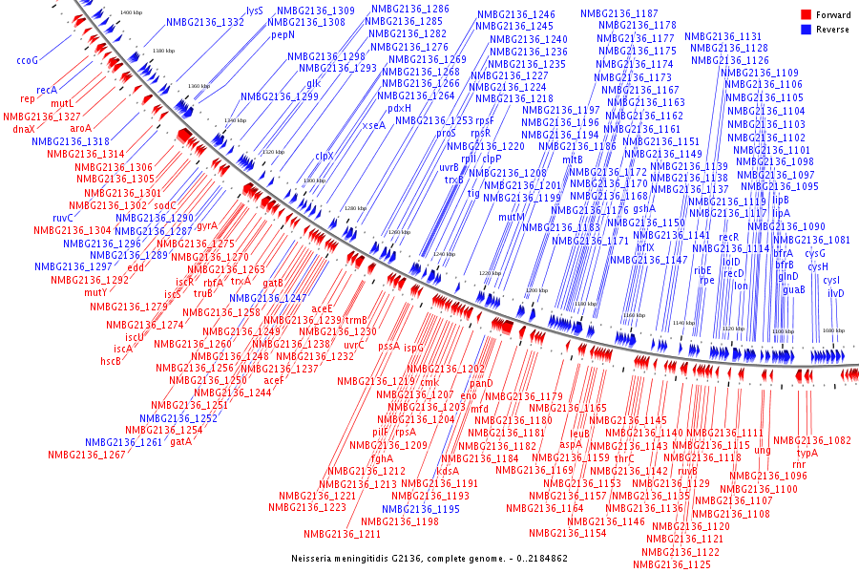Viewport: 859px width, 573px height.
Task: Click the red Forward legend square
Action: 806,15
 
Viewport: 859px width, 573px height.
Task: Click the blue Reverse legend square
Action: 806,30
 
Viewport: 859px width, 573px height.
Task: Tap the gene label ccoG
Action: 27,61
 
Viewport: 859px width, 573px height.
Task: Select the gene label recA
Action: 47,90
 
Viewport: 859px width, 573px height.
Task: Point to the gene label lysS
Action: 255,10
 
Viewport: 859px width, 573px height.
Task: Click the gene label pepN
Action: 283,34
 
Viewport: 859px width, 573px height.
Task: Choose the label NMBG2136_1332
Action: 205,22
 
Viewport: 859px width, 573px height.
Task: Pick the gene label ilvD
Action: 835,293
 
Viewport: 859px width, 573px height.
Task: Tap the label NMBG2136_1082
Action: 811,441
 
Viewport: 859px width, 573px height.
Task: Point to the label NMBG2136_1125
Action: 672,565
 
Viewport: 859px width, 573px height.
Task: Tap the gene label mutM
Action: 513,218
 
